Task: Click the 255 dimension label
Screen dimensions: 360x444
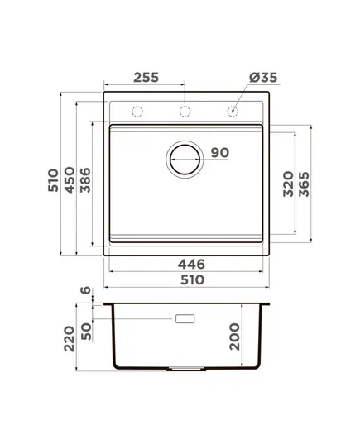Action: coord(146,77)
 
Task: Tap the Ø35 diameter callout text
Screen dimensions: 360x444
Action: coord(263,77)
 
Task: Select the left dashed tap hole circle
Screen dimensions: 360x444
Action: coord(137,112)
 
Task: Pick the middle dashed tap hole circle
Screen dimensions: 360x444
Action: coord(185,112)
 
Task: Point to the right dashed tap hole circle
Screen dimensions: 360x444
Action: coord(233,112)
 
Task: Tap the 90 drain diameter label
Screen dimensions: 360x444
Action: coord(220,153)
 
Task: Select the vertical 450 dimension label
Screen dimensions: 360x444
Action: coord(70,180)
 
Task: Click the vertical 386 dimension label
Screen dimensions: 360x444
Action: coord(85,180)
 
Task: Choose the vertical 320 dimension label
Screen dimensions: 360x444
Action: coord(289,184)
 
